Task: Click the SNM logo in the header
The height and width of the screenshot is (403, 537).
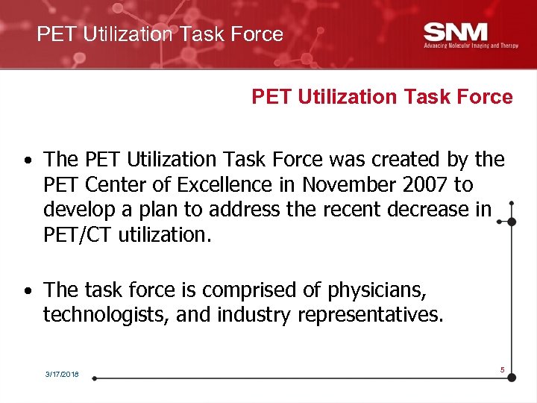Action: (455, 32)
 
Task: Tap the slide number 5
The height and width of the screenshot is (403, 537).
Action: (503, 369)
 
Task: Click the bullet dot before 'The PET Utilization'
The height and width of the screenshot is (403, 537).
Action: (26, 160)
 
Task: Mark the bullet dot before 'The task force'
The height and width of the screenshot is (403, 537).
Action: (26, 290)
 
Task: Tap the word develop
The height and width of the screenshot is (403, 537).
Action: (77, 210)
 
